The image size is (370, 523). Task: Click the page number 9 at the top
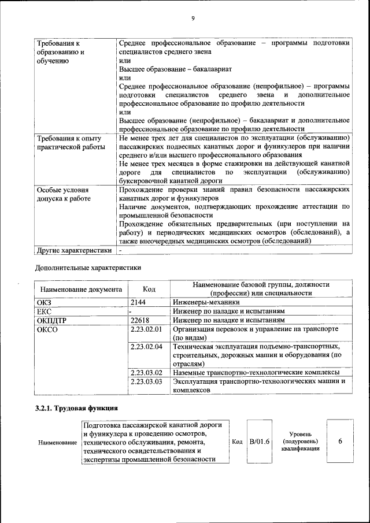tap(193, 18)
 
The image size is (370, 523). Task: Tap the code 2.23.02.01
tap(146, 329)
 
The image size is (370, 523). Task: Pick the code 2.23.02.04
tap(146, 347)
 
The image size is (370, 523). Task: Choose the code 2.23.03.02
tap(146, 373)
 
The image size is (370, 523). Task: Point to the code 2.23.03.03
tap(146, 382)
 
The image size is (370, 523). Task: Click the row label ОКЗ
tap(45, 302)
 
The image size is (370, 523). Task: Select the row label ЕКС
tap(45, 311)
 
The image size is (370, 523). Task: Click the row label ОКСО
tap(47, 329)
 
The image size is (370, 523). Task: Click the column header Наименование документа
tap(81, 289)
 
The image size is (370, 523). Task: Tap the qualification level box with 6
tap(340, 442)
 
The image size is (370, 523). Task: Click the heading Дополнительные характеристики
tap(88, 267)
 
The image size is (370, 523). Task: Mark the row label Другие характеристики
tap(74, 251)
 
